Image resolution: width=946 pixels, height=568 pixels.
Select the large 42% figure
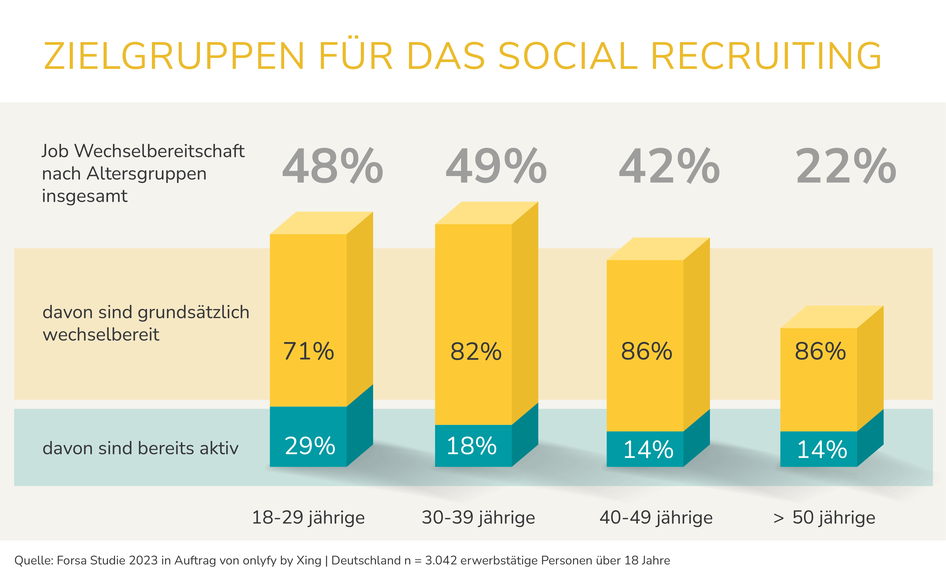(669, 166)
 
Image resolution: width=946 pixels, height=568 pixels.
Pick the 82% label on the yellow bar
(476, 351)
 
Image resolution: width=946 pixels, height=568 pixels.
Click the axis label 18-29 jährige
(308, 517)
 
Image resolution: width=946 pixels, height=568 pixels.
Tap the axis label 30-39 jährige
(478, 517)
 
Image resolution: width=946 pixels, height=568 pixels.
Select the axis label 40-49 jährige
(656, 517)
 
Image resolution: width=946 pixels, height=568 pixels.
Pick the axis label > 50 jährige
(824, 517)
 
